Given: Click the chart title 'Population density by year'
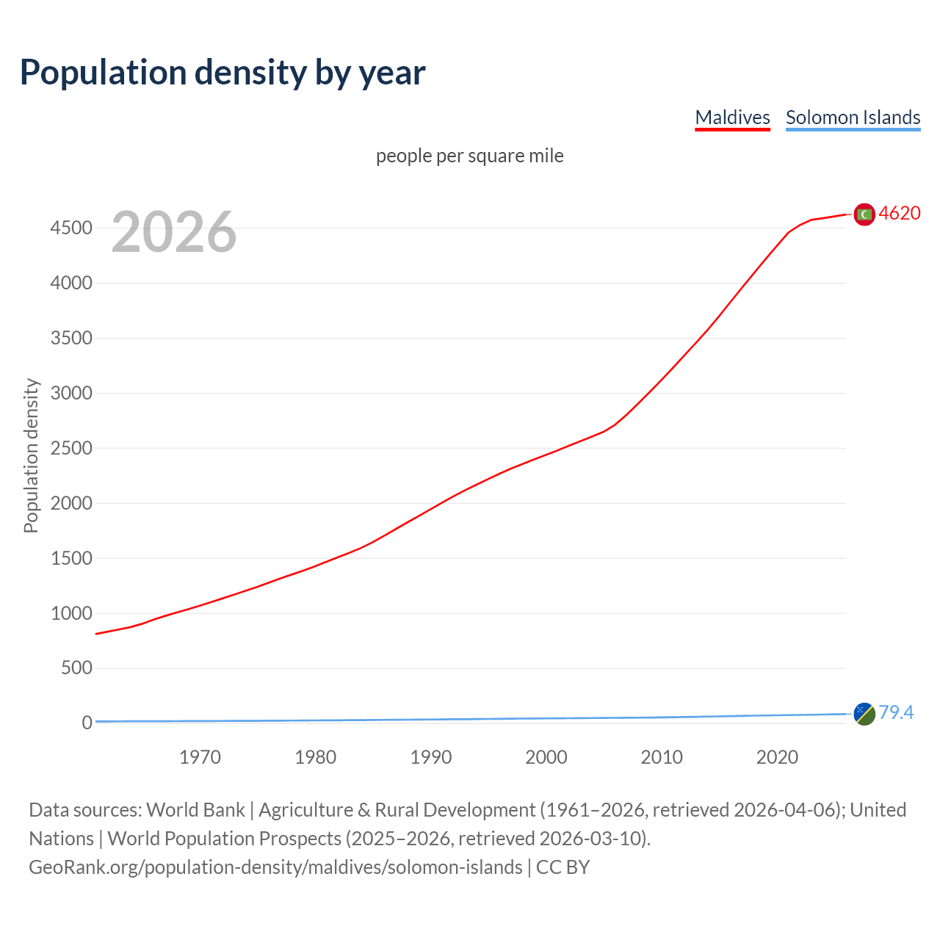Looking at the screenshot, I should [x=223, y=72].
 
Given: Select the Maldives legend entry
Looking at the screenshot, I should [x=732, y=117].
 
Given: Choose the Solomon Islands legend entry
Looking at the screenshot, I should [x=853, y=117].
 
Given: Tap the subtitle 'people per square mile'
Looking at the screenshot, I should [x=469, y=156].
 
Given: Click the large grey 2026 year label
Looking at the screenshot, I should [x=174, y=232].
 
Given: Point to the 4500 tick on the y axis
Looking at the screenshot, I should [x=71, y=228].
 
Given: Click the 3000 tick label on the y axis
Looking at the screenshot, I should [x=71, y=393].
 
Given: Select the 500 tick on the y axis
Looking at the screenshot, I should [x=76, y=668].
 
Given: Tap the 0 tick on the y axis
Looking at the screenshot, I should [x=87, y=723].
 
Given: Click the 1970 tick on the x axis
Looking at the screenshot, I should [x=200, y=757].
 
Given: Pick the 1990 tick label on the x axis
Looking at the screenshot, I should [x=431, y=757].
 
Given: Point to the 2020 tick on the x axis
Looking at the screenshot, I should [x=777, y=757].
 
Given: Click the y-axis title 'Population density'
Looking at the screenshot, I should [x=31, y=455].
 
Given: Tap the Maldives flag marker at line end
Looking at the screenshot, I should [x=864, y=214].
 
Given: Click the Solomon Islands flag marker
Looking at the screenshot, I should [x=864, y=713].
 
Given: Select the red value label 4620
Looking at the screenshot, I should [x=900, y=213].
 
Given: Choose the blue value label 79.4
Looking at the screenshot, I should [x=896, y=712].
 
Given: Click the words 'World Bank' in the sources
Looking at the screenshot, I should [x=195, y=809].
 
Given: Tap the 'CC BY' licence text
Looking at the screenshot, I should [x=563, y=867].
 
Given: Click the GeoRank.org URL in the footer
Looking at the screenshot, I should [x=275, y=867].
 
